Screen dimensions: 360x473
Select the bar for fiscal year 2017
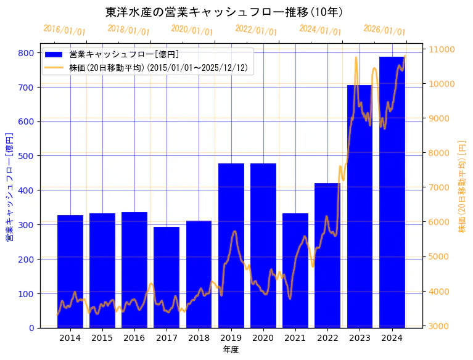[x=167, y=277]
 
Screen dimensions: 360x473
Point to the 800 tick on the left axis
[x=27, y=53]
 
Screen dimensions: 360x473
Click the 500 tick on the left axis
[x=27, y=156]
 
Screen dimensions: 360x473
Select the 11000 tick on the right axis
[x=442, y=49]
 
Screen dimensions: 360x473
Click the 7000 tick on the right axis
[x=440, y=187]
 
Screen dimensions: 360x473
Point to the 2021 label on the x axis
[x=295, y=338]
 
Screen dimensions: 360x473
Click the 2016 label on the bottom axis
[x=134, y=338]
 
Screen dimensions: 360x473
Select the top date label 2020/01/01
[x=192, y=30]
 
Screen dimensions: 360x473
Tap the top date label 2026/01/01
[x=384, y=30]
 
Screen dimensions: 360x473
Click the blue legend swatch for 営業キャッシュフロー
[x=55, y=55]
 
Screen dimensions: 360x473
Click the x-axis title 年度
[x=231, y=350]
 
